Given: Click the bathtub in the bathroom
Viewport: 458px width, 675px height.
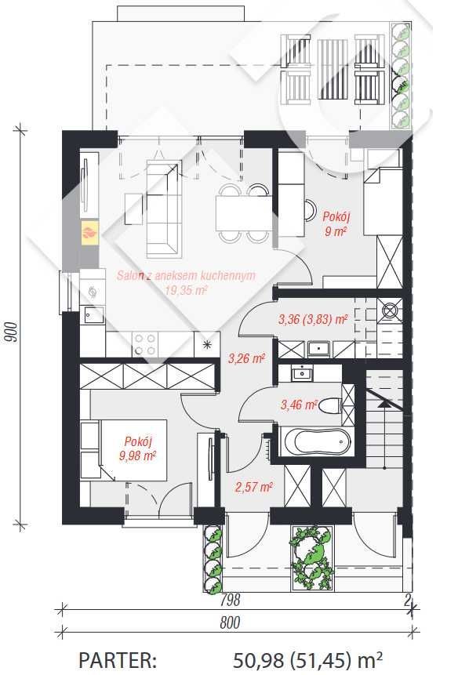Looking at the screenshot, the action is pyautogui.click(x=318, y=441).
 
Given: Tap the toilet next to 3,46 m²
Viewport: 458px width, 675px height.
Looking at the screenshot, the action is pyautogui.click(x=332, y=405).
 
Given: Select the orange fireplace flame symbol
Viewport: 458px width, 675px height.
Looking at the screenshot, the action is pyautogui.click(x=90, y=233).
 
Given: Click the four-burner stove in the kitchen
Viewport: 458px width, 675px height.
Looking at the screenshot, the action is pyautogui.click(x=144, y=344).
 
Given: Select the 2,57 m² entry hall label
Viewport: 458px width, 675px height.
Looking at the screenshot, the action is pyautogui.click(x=254, y=487).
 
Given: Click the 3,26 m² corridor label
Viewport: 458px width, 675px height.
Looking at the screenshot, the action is pyautogui.click(x=246, y=357).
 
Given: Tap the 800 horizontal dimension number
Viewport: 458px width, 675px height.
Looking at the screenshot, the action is pyautogui.click(x=231, y=622).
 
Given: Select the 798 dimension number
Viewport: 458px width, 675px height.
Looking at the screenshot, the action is pyautogui.click(x=230, y=600).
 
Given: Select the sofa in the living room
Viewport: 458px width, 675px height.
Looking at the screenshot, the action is pyautogui.click(x=162, y=209).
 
